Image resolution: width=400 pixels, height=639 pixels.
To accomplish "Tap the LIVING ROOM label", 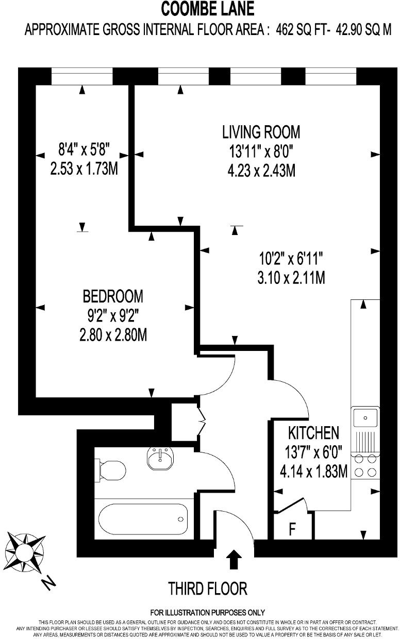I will point(261,132).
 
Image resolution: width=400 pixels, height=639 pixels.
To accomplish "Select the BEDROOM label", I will point(113,296).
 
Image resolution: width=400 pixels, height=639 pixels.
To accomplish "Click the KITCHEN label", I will point(313,432).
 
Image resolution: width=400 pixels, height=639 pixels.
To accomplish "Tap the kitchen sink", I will point(365,416).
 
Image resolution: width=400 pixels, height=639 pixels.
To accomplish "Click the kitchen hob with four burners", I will point(365,466).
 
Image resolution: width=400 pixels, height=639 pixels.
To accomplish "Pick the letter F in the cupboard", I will point(292,529).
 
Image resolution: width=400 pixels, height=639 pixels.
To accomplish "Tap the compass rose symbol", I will point(24,552).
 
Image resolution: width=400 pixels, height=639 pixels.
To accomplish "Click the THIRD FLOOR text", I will point(208,588).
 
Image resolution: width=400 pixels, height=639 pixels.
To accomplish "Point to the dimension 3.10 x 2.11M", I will point(291,278).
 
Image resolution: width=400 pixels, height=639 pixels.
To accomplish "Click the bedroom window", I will point(82,77).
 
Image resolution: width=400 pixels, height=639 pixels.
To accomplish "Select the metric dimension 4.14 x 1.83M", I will point(313,471).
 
